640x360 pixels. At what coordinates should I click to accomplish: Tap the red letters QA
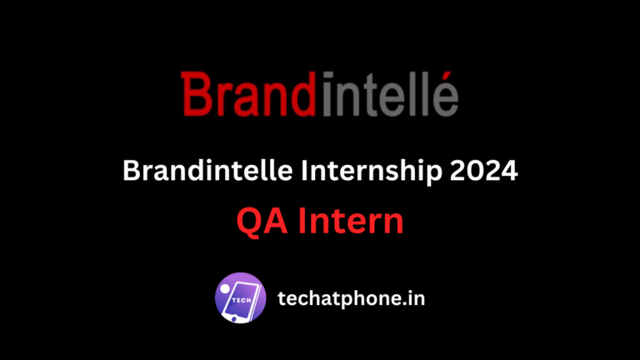pos(260,222)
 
